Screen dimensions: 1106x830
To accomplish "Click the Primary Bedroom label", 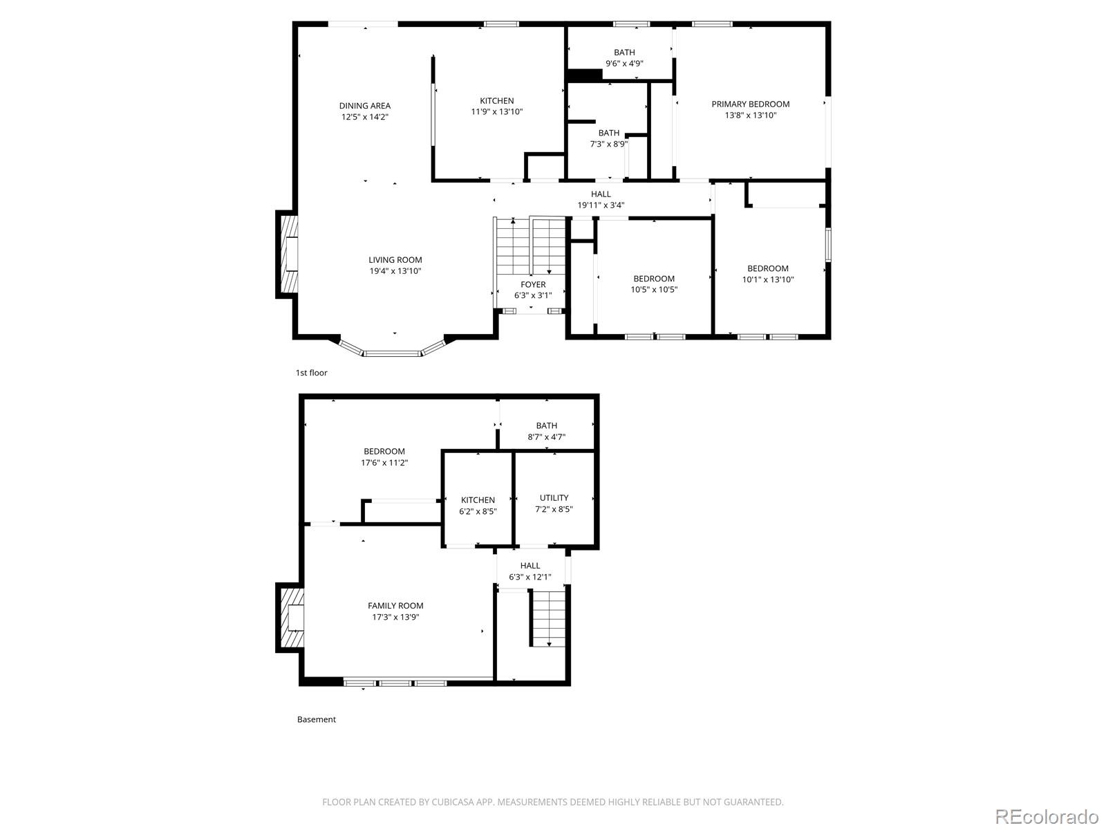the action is [750, 104].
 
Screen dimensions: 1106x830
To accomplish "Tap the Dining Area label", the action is [364, 106].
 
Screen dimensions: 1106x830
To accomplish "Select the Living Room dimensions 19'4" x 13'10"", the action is [395, 271].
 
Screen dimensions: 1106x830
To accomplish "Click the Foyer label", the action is [532, 285].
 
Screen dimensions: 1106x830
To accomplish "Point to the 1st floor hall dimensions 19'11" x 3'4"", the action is [601, 205].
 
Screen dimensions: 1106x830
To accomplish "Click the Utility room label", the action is [554, 498].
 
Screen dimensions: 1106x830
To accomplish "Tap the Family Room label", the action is [395, 606].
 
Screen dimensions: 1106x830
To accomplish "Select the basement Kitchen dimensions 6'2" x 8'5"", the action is [478, 512].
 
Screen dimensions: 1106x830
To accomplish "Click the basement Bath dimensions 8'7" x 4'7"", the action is [546, 437].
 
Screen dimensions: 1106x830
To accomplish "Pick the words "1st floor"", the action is [311, 373].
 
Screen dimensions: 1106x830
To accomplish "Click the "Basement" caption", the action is [317, 719].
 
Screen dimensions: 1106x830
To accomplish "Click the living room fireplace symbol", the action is [288, 255].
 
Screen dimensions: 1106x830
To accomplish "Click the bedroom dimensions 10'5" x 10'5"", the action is [654, 290].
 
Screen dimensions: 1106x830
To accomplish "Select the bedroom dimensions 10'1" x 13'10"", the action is [767, 279].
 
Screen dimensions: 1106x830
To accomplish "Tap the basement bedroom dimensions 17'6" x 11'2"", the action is [384, 463].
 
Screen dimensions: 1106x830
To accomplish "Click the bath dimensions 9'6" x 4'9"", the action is [624, 64].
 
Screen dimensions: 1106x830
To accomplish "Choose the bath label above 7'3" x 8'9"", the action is [609, 133].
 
